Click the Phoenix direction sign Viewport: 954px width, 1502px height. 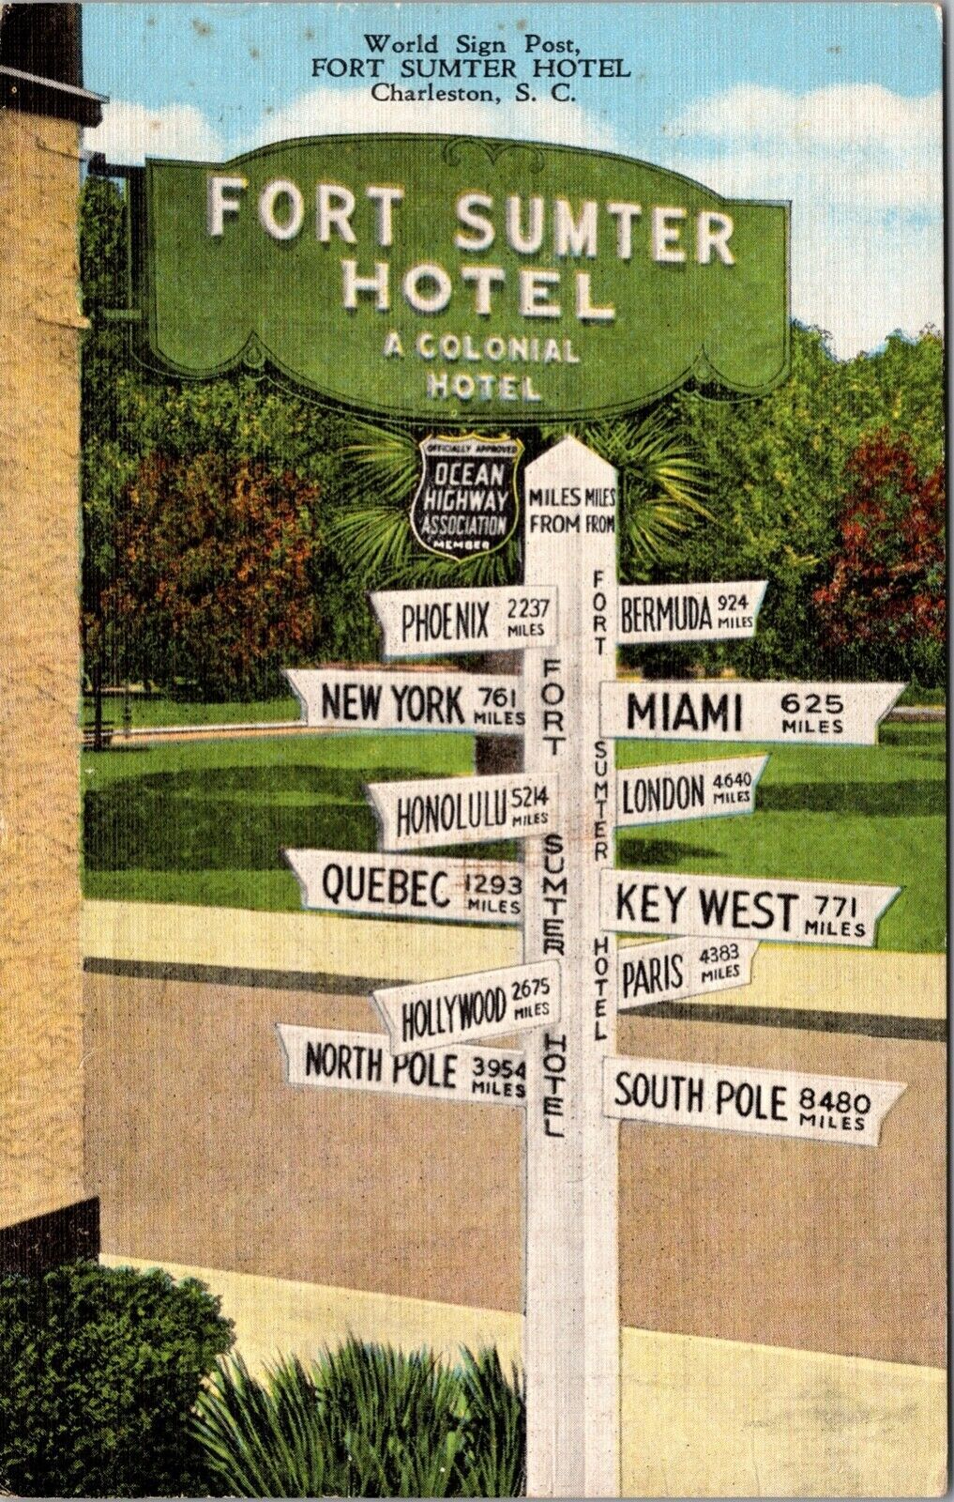(460, 620)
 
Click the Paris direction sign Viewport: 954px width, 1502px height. (680, 972)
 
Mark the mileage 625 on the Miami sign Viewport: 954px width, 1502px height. (812, 703)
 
